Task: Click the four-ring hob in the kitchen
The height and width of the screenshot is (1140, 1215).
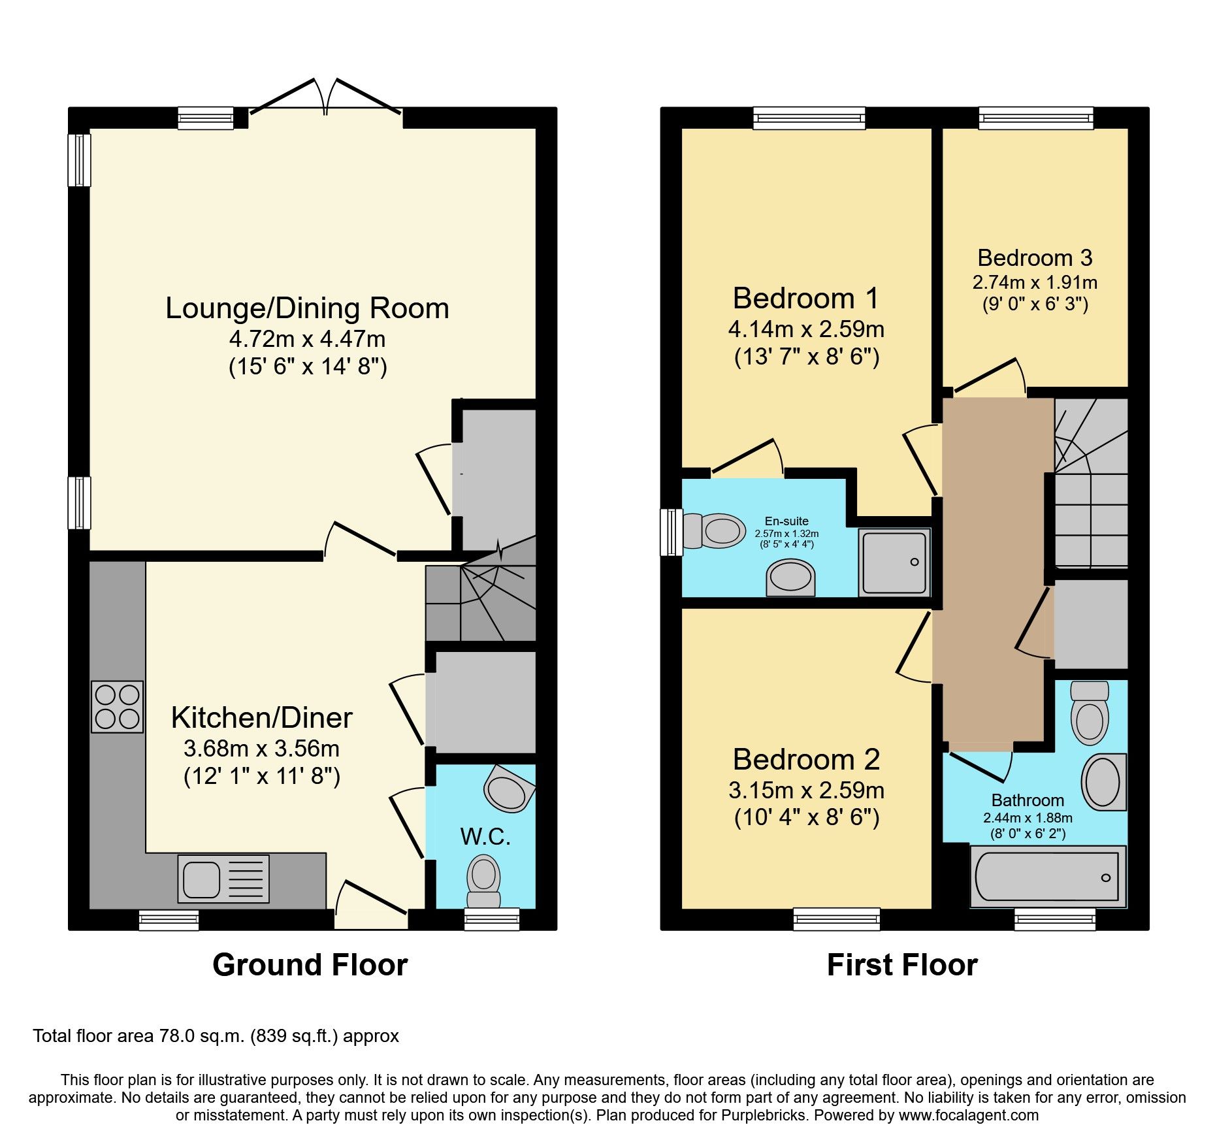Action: click(118, 707)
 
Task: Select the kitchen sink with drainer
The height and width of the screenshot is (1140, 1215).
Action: click(223, 879)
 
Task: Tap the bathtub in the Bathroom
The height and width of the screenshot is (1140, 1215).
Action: click(1047, 877)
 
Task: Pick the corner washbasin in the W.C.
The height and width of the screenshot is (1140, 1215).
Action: click(508, 790)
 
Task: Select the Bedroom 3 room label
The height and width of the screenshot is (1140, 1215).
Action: click(1035, 258)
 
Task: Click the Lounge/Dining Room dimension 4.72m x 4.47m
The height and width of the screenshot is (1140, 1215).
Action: click(307, 339)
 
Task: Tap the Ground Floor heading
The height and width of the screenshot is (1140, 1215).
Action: click(310, 965)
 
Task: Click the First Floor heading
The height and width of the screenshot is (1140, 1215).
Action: click(901, 965)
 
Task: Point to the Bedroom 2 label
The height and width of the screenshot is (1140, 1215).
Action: click(806, 759)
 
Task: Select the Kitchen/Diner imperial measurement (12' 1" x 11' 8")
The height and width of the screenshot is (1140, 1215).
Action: click(262, 776)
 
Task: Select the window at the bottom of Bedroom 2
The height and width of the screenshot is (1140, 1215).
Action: click(836, 919)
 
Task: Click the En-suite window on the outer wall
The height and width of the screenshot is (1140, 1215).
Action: click(671, 532)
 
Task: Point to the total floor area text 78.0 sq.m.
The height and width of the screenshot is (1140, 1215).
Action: click(216, 1035)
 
